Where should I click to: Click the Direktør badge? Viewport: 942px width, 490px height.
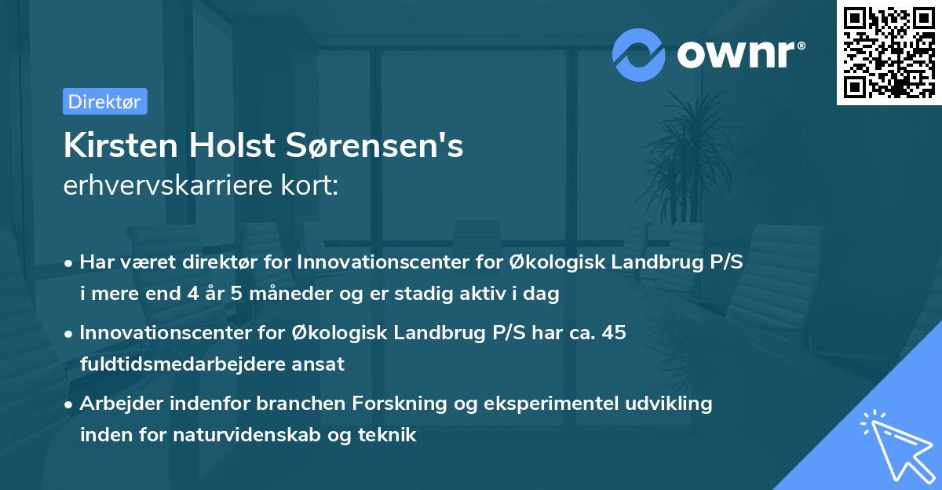point(104,101)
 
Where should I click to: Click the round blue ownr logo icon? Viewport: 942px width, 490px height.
point(639,54)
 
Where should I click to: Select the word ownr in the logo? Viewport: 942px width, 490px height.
point(740,53)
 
